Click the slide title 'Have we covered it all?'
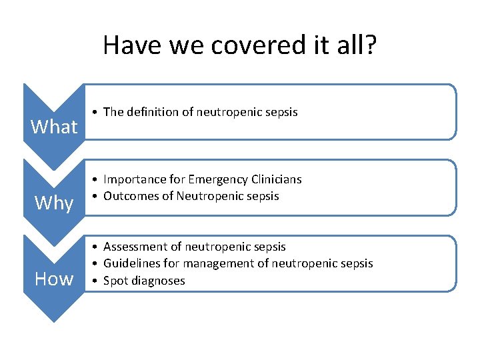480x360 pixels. (240, 45)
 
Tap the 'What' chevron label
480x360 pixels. (54, 127)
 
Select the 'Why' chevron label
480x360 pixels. (54, 203)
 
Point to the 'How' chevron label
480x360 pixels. (54, 279)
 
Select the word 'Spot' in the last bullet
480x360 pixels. (115, 281)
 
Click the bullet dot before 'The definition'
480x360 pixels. (97, 113)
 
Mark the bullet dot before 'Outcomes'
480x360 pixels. (97, 197)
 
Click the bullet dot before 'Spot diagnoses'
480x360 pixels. (97, 281)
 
